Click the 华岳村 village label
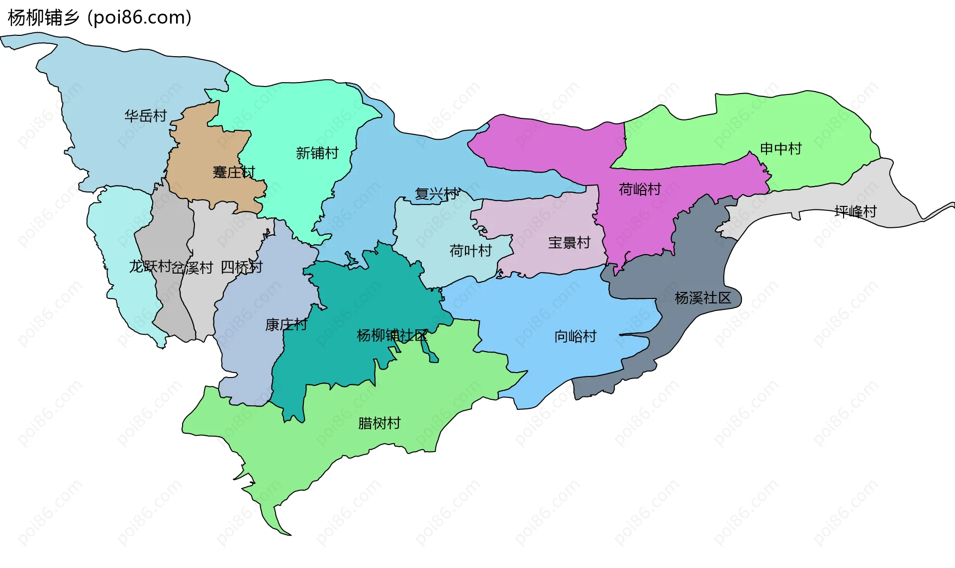(x=145, y=116)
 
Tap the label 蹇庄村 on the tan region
(x=234, y=172)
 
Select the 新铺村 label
(x=317, y=153)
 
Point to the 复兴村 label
(x=436, y=193)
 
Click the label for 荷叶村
(x=471, y=250)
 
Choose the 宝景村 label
(x=569, y=242)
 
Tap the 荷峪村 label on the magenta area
(x=640, y=189)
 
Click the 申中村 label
(x=781, y=148)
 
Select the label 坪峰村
(x=856, y=211)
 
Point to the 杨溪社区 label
(x=703, y=297)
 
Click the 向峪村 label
(x=575, y=336)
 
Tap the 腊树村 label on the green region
(x=379, y=423)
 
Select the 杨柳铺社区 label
(x=392, y=335)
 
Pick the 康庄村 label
(x=286, y=324)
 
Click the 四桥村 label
(x=241, y=267)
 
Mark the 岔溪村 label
(x=193, y=268)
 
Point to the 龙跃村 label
(x=150, y=266)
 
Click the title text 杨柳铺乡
(x=44, y=17)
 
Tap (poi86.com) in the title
(x=139, y=17)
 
